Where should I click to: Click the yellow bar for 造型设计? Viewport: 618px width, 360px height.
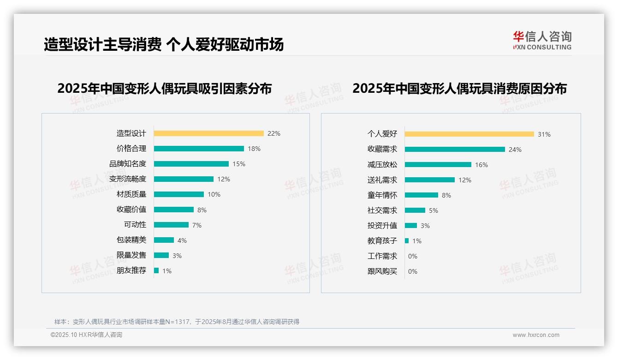point(208,133)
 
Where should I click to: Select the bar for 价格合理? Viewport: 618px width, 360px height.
point(199,149)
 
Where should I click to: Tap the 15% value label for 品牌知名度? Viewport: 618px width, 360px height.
point(239,164)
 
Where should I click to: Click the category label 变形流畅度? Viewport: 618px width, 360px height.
point(128,179)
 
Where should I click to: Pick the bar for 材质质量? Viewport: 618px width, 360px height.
point(178,194)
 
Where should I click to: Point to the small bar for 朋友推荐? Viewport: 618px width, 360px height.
point(156,270)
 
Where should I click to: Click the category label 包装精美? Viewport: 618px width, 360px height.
point(131,240)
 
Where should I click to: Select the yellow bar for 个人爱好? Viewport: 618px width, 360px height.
point(469,134)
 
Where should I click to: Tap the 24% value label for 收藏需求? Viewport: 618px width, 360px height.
point(515,150)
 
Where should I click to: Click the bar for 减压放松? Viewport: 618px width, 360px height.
point(438,165)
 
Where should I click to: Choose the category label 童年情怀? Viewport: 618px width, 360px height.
point(382,195)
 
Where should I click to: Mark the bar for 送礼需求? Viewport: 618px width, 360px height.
point(429,180)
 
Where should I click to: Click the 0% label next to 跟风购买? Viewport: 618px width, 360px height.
point(413,271)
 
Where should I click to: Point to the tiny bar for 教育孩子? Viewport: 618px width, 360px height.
point(407,241)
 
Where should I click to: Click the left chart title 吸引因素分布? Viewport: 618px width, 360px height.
point(164,88)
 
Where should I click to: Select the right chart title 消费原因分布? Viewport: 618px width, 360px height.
point(459,88)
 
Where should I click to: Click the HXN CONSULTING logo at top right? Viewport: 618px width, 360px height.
point(542,41)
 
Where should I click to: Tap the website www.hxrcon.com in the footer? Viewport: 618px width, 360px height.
point(536,335)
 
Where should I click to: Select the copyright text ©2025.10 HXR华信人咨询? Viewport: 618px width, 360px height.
point(86,335)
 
